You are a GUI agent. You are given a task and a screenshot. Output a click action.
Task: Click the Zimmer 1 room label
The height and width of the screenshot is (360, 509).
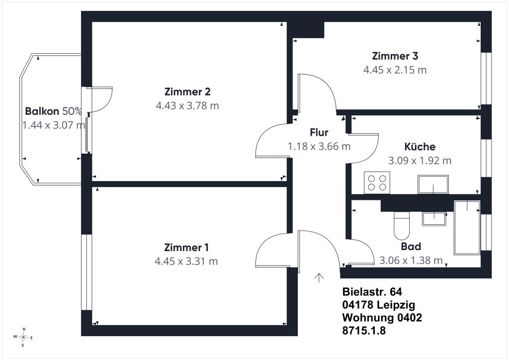point(186,247)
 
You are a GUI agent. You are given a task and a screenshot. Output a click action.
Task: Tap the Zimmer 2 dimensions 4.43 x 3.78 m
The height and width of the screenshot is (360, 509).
point(187,105)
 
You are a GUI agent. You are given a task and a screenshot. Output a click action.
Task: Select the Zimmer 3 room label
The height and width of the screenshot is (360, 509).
point(395,56)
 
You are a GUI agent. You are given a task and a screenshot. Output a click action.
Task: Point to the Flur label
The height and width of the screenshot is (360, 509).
point(319,132)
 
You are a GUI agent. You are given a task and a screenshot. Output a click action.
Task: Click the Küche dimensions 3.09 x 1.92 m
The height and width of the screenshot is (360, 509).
point(420,161)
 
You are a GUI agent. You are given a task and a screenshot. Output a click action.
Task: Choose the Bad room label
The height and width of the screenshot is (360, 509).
point(411,247)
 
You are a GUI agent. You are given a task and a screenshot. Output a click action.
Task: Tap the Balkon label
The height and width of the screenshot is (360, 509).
point(42,111)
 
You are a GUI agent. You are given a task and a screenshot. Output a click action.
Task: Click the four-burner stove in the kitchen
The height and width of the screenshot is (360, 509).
point(377,182)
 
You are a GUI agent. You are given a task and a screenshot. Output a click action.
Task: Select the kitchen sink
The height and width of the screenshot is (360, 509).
point(433,184)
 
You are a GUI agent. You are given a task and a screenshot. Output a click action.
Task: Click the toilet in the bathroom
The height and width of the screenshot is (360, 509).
point(402,226)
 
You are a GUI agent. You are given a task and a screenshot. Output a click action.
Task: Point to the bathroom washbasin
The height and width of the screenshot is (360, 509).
point(434,218)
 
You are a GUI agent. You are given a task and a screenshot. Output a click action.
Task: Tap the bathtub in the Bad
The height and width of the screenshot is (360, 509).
point(467,227)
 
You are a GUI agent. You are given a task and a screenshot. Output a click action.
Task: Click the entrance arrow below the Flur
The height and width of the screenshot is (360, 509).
point(319,277)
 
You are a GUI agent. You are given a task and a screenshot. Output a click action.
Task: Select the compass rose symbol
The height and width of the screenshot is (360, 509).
point(23,337)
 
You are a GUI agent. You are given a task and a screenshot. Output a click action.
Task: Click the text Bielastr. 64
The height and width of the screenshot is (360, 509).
point(372,292)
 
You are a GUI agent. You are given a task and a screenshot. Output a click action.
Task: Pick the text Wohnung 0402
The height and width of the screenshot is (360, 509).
point(382,317)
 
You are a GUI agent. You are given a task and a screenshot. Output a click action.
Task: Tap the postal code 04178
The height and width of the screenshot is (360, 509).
point(357,305)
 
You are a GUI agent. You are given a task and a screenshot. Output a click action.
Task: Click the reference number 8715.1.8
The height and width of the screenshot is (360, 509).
point(364,331)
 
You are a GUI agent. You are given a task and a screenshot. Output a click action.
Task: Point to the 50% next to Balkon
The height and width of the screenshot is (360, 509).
point(72,111)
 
